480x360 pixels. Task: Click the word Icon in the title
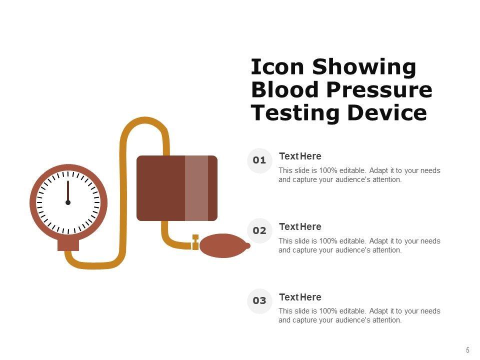[x=277, y=66]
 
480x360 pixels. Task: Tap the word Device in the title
[x=387, y=112]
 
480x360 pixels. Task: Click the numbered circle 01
[x=259, y=160]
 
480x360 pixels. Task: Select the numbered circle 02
[x=259, y=230]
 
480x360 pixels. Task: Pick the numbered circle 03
[x=259, y=301]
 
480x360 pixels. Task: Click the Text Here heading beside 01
[x=300, y=156]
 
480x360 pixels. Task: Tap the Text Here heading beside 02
[x=300, y=226]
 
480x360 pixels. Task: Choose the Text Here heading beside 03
[x=300, y=297]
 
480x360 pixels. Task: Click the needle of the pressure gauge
[x=68, y=191]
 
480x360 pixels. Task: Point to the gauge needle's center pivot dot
[x=68, y=202]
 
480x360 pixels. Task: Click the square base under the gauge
[x=68, y=245]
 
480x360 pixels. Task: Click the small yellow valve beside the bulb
[x=195, y=242]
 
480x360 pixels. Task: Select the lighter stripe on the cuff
[x=196, y=188]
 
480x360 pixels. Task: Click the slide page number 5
[x=467, y=350]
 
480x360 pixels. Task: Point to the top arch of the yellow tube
[x=144, y=119]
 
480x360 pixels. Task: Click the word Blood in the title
[x=285, y=89]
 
